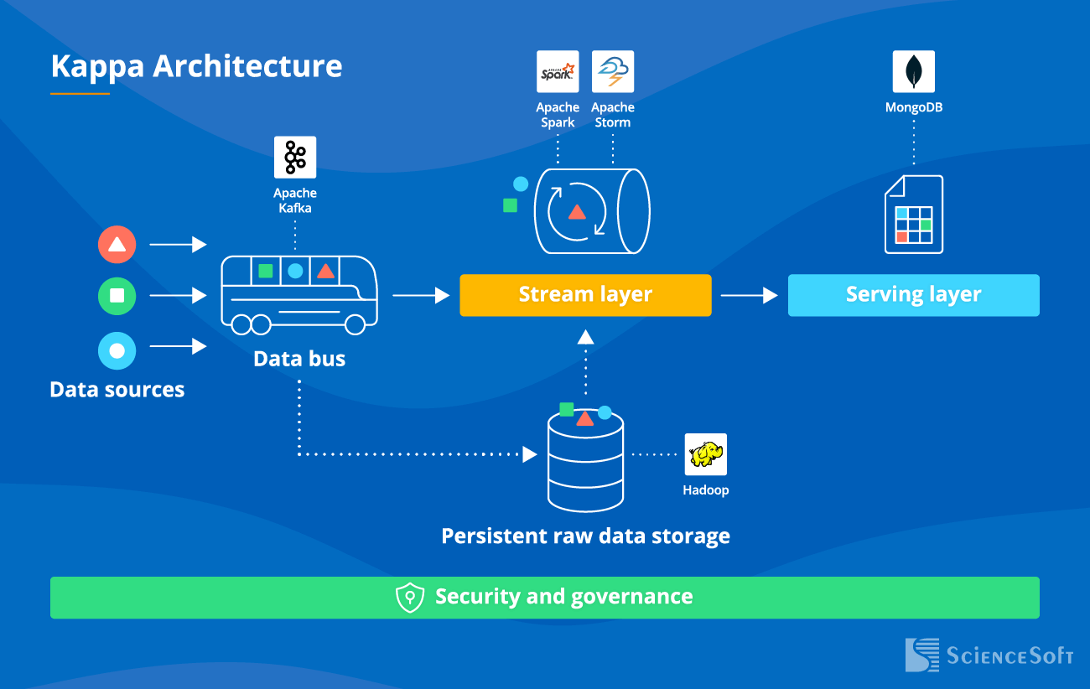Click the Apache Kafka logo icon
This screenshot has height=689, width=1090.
tap(295, 157)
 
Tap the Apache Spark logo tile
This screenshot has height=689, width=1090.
tap(558, 71)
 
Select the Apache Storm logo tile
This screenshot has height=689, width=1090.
tap(613, 71)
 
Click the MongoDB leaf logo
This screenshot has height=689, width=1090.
tap(913, 71)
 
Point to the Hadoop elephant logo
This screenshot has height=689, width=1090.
tap(705, 454)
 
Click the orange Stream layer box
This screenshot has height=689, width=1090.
tap(585, 295)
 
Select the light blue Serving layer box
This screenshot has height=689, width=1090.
tap(913, 295)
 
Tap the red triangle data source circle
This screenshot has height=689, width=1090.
tap(117, 245)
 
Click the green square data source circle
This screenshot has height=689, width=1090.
tap(117, 296)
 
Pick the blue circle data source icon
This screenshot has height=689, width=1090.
tap(117, 351)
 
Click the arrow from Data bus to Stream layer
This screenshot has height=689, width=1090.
tap(421, 295)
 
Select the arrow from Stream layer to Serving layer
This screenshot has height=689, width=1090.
tap(749, 295)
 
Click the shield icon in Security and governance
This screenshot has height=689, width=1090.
tap(409, 598)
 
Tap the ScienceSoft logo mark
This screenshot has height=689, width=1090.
tap(922, 655)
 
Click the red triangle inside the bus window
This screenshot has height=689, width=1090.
tap(326, 271)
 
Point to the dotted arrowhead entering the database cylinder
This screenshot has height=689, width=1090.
tap(530, 454)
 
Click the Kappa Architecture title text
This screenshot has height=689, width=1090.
tap(196, 66)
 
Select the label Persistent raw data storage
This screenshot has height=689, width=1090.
tap(585, 536)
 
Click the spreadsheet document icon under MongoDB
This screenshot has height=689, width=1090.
tap(914, 215)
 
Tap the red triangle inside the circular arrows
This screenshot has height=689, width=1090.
tap(577, 212)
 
